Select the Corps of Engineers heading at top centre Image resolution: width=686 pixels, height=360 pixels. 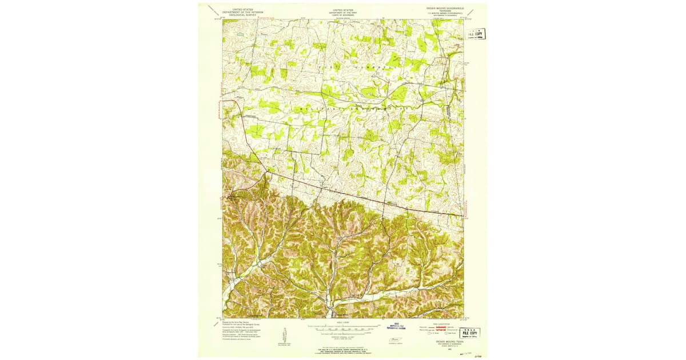(343, 13)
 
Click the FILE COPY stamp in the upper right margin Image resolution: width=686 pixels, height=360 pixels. (475, 34)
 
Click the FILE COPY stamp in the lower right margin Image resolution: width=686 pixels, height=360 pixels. (471, 333)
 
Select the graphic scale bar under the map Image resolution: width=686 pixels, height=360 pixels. (343, 329)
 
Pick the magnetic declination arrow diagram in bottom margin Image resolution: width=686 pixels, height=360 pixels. (284, 335)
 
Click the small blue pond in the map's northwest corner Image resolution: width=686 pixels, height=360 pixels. (241, 35)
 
